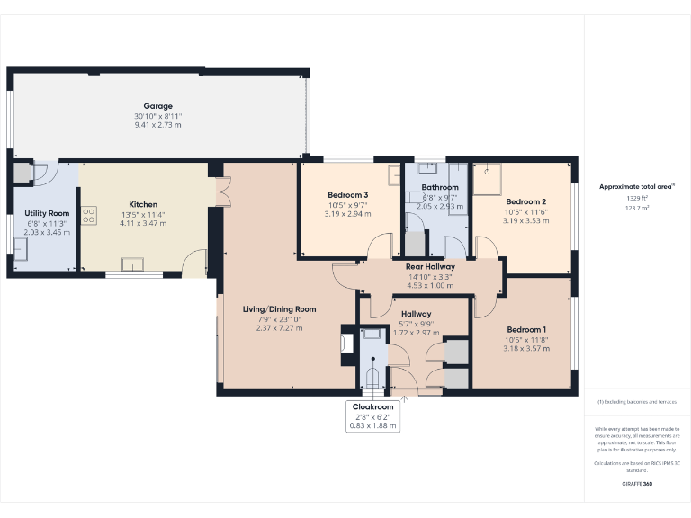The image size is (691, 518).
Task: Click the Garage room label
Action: pos(157,106)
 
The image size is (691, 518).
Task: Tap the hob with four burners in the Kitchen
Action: pos(89,216)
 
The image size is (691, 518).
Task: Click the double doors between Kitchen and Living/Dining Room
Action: pos(221,192)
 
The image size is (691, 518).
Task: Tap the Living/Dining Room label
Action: pos(279,309)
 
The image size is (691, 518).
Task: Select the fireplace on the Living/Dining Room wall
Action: pos(346,343)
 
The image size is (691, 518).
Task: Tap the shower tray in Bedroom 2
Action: pos(490,177)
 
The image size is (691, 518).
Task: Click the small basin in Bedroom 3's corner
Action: pos(394,175)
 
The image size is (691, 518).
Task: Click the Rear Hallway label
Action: pos(429,267)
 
